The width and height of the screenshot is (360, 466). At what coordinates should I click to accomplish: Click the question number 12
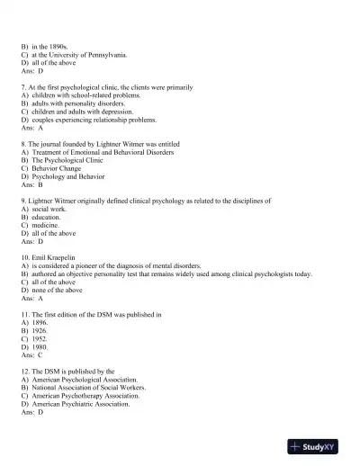coord(25,372)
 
